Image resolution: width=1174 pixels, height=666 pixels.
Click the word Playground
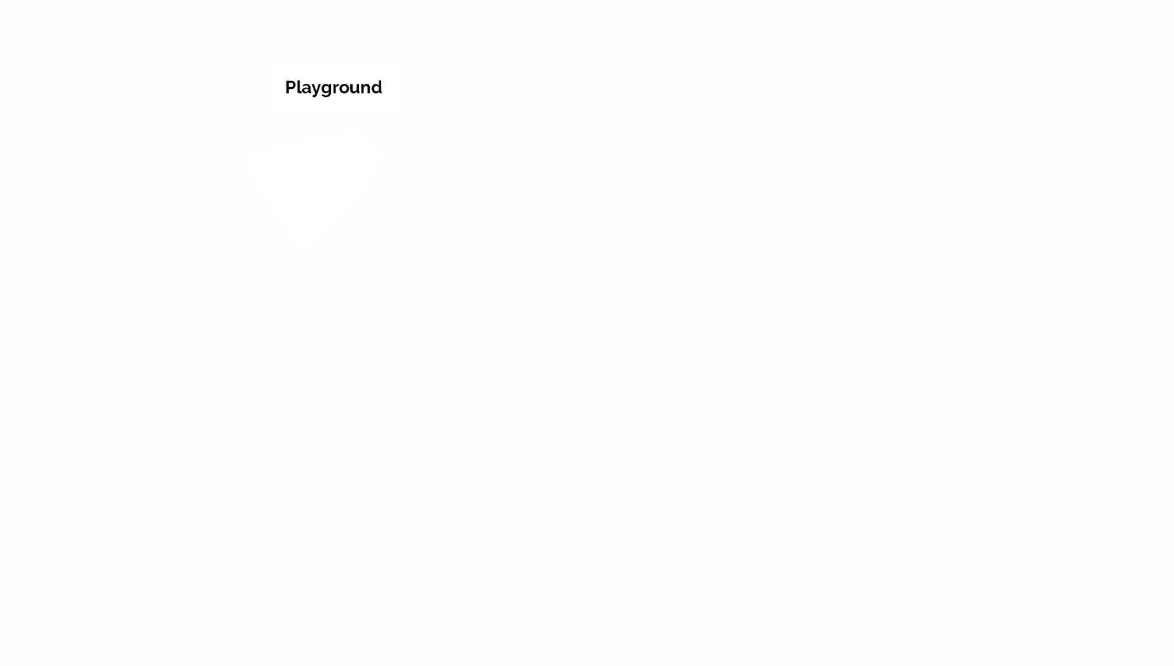[x=333, y=88]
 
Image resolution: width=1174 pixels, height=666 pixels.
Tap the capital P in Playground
[x=291, y=87]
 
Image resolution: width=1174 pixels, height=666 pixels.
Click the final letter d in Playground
[x=377, y=87]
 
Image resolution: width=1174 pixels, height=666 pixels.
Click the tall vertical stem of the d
[x=381, y=87]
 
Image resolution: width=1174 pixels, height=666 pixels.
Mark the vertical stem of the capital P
[x=287, y=87]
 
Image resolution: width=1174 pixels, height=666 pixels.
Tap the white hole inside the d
[x=376, y=89]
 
